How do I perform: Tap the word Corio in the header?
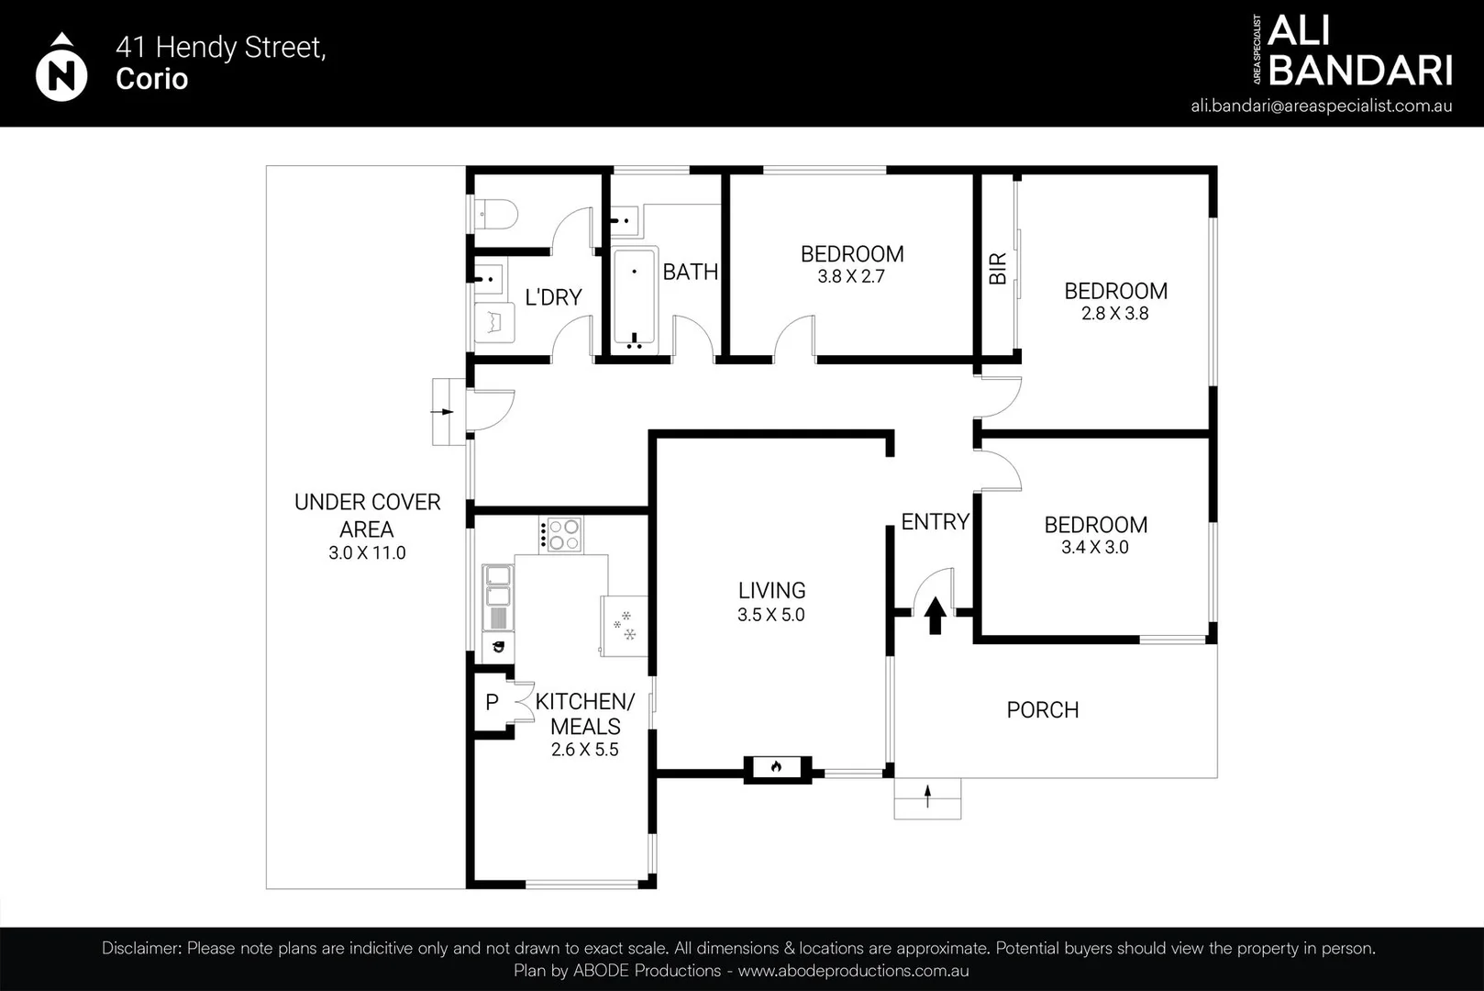[151, 79]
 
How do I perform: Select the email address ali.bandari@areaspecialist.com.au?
[1321, 106]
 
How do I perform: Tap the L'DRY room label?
[553, 297]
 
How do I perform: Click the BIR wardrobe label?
[998, 269]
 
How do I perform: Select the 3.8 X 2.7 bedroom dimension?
[850, 276]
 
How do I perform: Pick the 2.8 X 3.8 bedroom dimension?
[1115, 314]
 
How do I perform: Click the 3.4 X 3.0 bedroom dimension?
[1095, 548]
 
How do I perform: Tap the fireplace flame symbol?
[777, 767]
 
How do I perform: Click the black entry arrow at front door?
[935, 616]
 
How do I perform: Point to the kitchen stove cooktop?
[561, 534]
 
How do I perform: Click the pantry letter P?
[492, 702]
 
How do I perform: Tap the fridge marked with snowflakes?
[624, 626]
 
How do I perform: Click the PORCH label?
[1043, 710]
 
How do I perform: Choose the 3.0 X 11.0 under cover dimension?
[367, 552]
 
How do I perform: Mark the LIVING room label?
[772, 591]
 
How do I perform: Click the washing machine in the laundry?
[494, 323]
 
